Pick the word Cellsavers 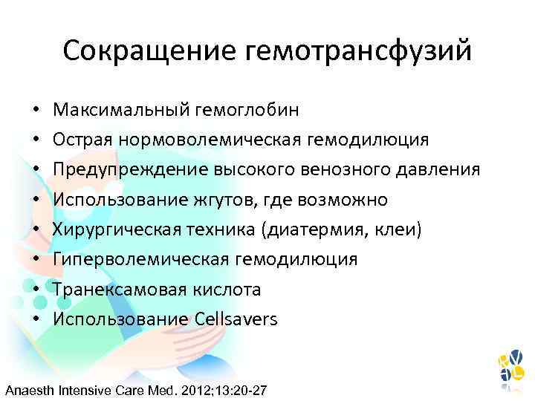(x=236, y=319)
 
